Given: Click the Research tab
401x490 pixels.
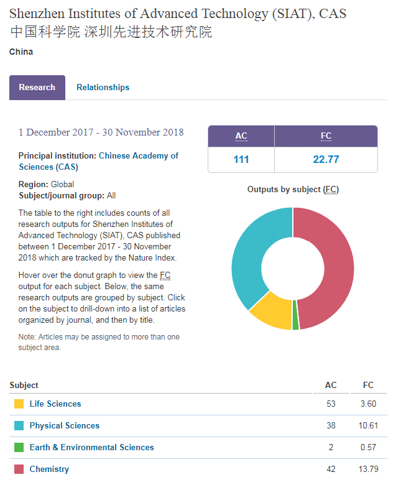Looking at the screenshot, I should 37,88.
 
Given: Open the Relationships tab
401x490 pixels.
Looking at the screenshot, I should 103,88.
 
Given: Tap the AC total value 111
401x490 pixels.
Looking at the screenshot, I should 241,160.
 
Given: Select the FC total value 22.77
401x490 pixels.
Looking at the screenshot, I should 326,160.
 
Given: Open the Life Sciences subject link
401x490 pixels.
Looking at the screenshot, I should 55,404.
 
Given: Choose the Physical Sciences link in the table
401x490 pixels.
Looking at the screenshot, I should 64,426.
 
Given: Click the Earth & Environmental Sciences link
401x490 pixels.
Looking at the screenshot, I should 91,448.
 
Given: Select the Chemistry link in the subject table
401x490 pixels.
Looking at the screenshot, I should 49,469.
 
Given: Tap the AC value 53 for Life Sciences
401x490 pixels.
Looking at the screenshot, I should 331,404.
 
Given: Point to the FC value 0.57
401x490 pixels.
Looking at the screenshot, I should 369,448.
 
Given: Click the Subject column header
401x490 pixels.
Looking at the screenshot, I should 24,386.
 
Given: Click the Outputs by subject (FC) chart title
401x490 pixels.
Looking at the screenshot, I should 293,190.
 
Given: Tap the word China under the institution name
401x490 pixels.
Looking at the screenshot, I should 21,52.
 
